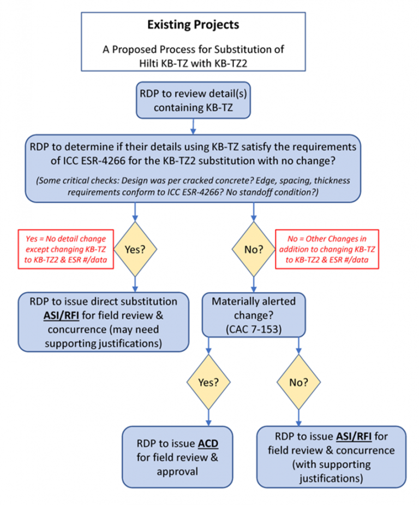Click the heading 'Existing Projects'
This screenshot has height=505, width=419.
coord(193,25)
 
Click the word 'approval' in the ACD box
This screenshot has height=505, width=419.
coord(177,472)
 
